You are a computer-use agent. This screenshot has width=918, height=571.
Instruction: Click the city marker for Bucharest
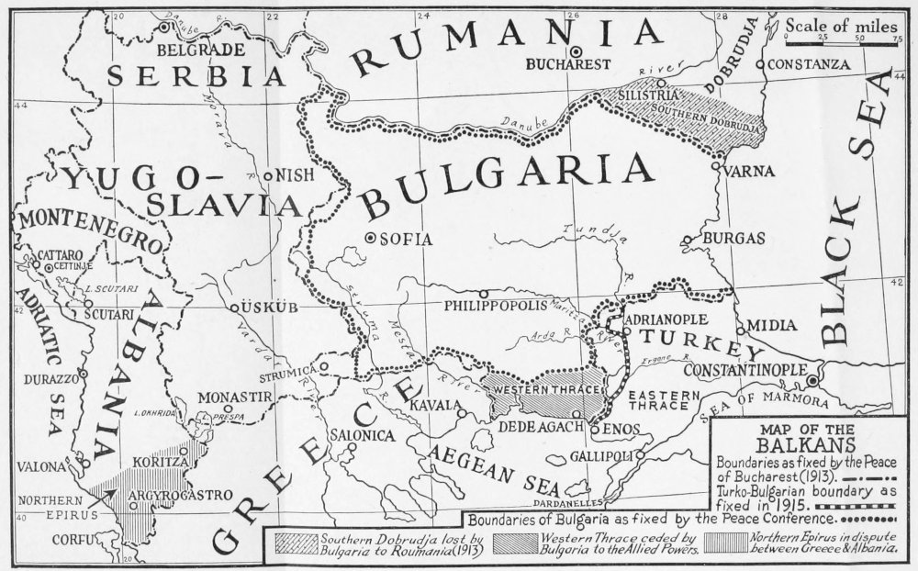tap(576, 51)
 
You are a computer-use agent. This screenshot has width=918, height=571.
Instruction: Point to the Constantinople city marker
tap(812, 380)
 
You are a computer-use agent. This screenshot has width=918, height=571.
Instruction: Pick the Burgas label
tap(733, 239)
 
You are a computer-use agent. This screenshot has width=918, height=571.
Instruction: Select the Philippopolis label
tap(494, 305)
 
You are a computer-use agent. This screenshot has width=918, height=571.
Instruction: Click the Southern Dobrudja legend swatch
tap(290, 543)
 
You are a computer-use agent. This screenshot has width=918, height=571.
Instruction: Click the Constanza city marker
tap(759, 64)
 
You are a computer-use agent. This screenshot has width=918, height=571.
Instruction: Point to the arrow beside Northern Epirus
tap(100, 500)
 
